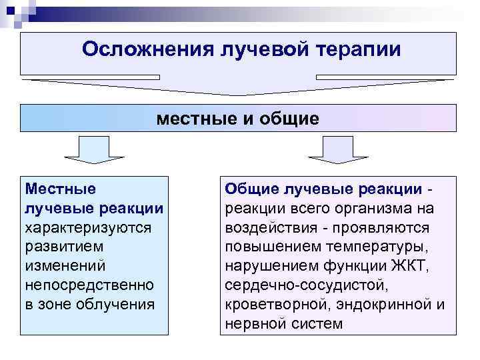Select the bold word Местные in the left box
[x=60, y=189]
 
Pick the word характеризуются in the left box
[x=88, y=227]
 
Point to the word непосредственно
[x=88, y=285]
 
